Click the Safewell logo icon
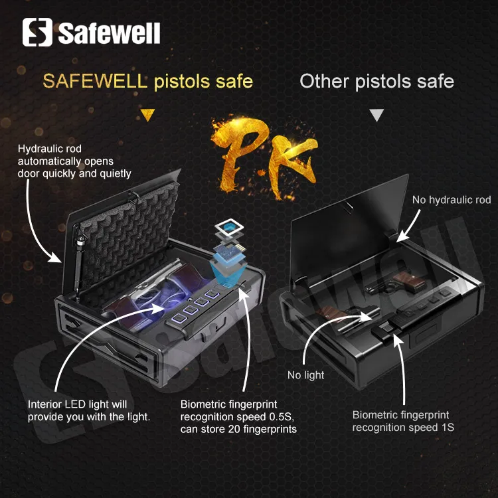pos(37,32)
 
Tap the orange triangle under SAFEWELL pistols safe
pos(148,114)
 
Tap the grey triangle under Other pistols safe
pos(376,115)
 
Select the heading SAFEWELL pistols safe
pos(148,81)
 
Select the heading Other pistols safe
pos(376,81)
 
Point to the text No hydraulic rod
pos(451,199)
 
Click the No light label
pos(305,375)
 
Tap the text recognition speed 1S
pos(403,428)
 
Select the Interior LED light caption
pos(89,410)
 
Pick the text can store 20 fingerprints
pos(238,429)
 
